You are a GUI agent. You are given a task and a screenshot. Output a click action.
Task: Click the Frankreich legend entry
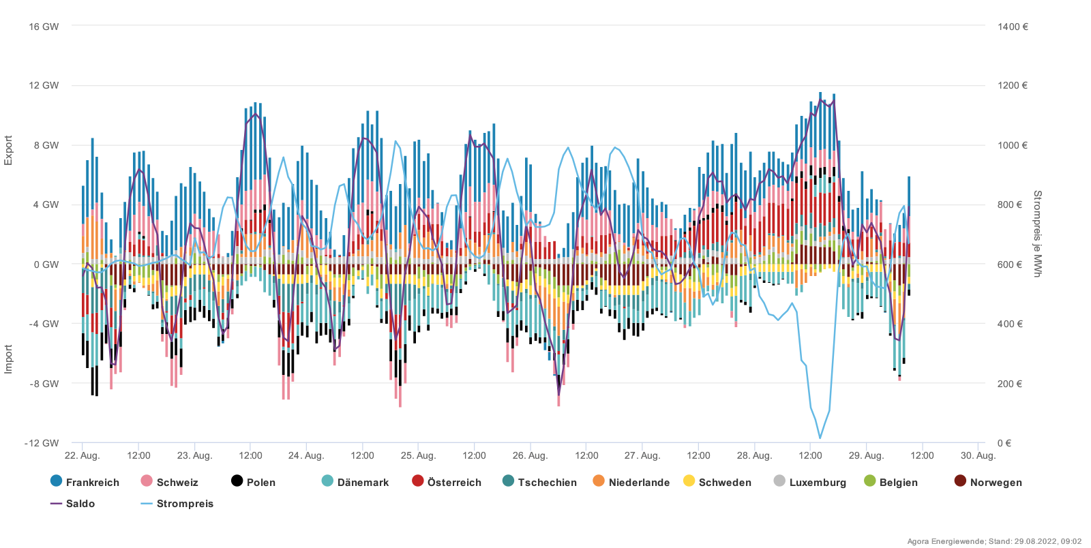[85, 482]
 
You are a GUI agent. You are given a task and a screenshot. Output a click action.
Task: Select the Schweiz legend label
[170, 482]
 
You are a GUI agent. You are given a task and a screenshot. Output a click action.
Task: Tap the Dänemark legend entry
[355, 482]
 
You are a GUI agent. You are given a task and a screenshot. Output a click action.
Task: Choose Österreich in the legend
[447, 482]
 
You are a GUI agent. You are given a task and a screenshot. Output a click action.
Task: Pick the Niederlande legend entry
[631, 482]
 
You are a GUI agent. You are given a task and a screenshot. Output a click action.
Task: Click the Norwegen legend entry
[988, 482]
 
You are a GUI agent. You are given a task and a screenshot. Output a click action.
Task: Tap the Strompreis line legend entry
[177, 504]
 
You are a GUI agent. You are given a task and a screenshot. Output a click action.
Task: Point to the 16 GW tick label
[44, 27]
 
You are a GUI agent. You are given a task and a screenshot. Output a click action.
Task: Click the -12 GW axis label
[42, 443]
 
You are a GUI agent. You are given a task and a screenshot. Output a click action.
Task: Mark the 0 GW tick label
[46, 264]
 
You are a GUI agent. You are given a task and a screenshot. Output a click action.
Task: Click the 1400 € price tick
[1013, 27]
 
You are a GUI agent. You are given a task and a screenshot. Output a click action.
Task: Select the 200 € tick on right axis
[1010, 384]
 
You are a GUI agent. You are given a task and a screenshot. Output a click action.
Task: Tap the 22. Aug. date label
[82, 455]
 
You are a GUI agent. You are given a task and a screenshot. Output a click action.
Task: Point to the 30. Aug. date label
[978, 455]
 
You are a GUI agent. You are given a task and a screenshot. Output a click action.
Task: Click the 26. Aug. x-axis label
[530, 455]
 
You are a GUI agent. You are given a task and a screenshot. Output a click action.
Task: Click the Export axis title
[9, 150]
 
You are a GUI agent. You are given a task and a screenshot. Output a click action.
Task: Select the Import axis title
[9, 359]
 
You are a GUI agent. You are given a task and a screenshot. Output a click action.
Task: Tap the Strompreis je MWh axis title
[1038, 234]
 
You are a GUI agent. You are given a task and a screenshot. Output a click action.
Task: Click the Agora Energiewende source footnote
[994, 541]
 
